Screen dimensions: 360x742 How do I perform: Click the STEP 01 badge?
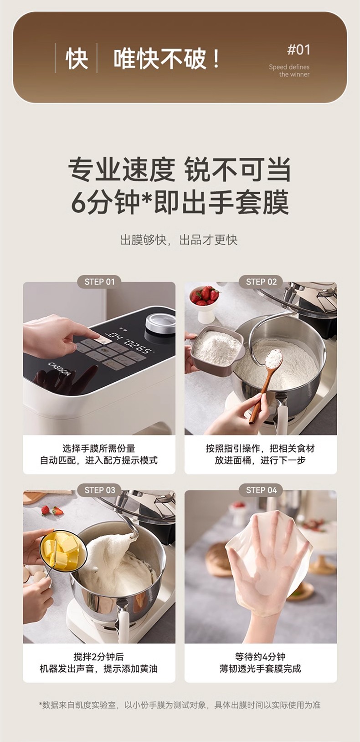click(x=99, y=282)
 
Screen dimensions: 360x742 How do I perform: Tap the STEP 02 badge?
click(x=261, y=282)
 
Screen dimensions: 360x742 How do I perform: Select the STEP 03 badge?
click(x=99, y=490)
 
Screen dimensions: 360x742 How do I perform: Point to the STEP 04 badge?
click(x=261, y=490)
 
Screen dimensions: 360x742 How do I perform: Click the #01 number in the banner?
click(x=298, y=50)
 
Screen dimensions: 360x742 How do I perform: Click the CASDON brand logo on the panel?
click(x=60, y=368)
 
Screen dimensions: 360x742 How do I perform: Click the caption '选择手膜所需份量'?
click(x=99, y=449)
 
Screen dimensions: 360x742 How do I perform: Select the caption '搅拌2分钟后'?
click(x=98, y=656)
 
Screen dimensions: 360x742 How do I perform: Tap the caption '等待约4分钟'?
click(x=260, y=656)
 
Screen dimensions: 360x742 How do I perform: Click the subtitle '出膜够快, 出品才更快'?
click(x=179, y=240)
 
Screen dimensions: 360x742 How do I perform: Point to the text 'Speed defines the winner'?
click(x=289, y=71)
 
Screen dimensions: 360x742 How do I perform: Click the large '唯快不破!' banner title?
click(x=166, y=59)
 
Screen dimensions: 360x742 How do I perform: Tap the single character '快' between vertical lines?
click(x=77, y=59)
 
